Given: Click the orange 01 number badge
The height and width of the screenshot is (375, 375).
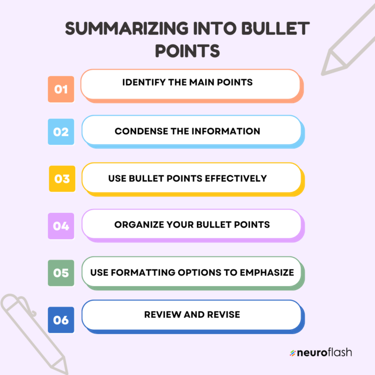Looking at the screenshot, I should tap(61, 89).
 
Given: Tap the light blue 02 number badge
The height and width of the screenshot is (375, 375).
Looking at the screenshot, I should tap(61, 132).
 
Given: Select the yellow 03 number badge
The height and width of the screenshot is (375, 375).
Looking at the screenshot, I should tap(62, 179).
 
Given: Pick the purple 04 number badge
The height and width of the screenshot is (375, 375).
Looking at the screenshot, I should tap(61, 226).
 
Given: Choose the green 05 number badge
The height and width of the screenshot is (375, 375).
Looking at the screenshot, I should tap(61, 273).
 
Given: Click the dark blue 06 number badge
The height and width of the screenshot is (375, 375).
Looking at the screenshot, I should tap(61, 320).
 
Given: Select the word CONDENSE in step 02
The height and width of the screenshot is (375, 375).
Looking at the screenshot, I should tap(137, 131).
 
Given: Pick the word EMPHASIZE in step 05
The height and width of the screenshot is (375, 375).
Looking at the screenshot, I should tap(267, 272).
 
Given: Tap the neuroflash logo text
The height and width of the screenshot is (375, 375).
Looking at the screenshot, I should tap(325, 353).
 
